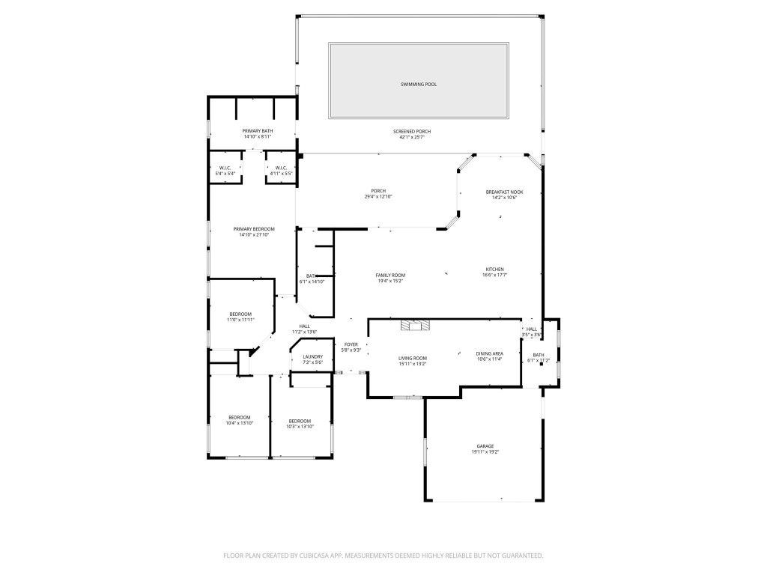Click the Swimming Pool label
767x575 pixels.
[418, 85]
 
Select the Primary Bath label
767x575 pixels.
[257, 131]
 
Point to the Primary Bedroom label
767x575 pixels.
[253, 229]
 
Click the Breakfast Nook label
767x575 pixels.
[504, 192]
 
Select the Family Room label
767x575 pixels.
[390, 276]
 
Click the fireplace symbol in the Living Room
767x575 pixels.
[416, 325]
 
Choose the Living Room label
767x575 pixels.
[412, 358]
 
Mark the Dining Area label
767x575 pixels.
[489, 353]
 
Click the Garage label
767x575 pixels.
[485, 446]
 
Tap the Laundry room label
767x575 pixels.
[312, 356]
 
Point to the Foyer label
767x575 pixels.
[351, 344]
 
